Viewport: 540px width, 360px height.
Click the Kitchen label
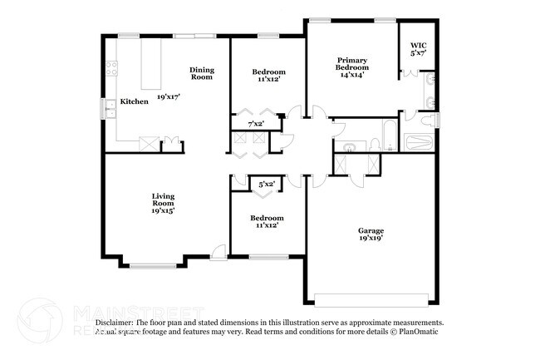click(x=134, y=101)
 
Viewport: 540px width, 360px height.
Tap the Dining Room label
click(x=202, y=74)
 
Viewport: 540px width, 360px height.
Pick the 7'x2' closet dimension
click(x=257, y=124)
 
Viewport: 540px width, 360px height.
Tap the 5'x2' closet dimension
click(x=267, y=184)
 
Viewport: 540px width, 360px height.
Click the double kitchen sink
click(x=108, y=108)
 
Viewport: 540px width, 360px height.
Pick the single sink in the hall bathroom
click(x=350, y=147)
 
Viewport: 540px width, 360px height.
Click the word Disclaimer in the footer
click(x=114, y=322)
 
